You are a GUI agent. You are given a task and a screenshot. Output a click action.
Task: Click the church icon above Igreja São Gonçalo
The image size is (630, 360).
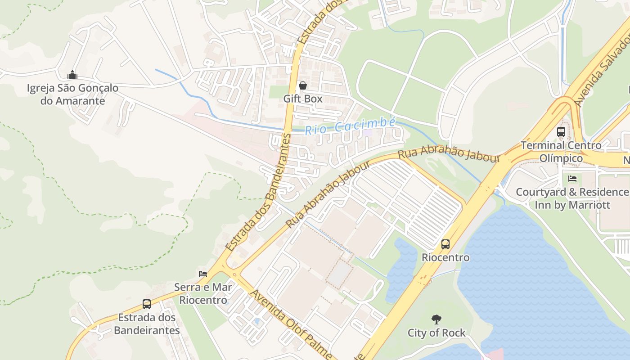[x=72, y=75]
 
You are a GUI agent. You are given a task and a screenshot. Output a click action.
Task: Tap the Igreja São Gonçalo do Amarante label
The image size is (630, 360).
[x=72, y=94]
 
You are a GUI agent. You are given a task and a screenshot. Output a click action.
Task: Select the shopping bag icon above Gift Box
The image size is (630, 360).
[x=302, y=85]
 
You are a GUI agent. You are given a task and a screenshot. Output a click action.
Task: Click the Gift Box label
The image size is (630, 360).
[x=303, y=99]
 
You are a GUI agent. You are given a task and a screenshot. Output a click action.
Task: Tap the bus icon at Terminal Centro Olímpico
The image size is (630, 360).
[x=561, y=132]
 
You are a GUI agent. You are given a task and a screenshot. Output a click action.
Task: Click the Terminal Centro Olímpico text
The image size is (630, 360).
[x=561, y=152]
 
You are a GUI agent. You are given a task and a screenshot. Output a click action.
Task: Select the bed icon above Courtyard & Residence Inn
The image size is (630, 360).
[x=572, y=179]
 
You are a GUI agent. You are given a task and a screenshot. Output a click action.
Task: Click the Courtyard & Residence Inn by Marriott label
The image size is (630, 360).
[x=572, y=198]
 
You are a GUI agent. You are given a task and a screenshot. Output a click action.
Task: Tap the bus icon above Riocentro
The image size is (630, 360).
[x=445, y=244]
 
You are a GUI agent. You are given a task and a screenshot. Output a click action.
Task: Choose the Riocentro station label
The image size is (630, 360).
[x=445, y=258]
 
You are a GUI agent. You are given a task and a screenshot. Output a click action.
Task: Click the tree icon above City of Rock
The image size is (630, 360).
[x=436, y=319]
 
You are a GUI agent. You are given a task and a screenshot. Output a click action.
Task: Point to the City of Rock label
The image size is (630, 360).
[x=436, y=333]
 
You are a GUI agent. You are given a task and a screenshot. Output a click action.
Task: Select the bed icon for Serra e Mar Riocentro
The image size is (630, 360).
[x=203, y=274]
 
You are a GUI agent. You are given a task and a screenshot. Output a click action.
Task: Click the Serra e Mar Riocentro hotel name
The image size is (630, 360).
[x=203, y=293]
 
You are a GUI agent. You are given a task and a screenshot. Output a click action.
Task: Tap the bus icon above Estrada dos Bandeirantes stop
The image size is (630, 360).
[x=147, y=304]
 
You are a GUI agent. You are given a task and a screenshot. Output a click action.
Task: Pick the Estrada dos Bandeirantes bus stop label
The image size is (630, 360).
[x=147, y=324]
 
